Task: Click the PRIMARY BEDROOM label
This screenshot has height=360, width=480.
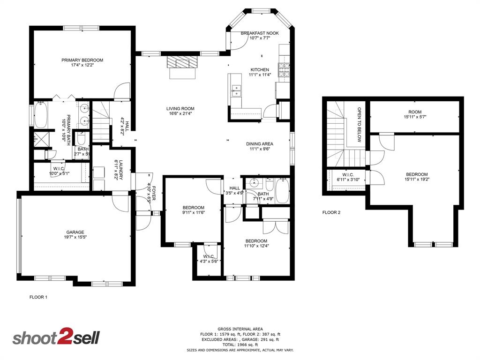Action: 82,60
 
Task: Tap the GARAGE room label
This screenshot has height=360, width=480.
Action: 75,232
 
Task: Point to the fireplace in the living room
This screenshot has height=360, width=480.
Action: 182,63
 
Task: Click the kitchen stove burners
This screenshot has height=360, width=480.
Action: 284,70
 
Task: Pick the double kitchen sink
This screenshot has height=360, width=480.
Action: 237,90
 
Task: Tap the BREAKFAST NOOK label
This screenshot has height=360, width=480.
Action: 260,33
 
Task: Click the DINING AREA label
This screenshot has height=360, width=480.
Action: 260,144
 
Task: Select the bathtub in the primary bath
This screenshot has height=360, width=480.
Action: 40,116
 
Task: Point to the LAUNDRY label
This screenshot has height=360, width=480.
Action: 120,169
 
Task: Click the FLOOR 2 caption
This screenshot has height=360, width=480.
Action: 331,212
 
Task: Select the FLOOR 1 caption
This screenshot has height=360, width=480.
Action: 38,297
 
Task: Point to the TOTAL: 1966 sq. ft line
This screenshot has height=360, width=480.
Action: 240,345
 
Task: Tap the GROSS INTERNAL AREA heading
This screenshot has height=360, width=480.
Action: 240,329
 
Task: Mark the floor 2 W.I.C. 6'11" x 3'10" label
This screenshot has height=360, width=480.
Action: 348,177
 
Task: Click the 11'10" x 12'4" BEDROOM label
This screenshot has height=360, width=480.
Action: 256,242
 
